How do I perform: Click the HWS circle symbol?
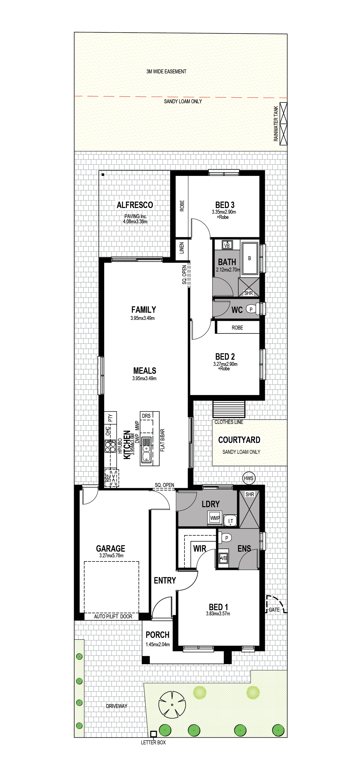[248, 478]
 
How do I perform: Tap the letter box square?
[153, 734]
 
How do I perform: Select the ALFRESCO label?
[135, 205]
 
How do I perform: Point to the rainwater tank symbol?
[283, 124]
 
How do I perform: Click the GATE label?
[274, 610]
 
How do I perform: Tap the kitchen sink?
[146, 450]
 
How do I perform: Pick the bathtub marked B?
[250, 258]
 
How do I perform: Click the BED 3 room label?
[225, 205]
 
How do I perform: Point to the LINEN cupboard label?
[181, 248]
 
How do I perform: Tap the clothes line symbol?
[229, 409]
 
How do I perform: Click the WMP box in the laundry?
[215, 518]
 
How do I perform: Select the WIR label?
[200, 548]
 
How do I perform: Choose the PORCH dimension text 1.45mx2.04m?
[158, 644]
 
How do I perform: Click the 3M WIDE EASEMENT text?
[166, 72]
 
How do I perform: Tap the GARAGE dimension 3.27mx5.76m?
[111, 555]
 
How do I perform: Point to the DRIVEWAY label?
[117, 706]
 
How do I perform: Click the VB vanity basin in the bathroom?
[227, 245]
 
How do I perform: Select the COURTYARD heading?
[239, 440]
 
